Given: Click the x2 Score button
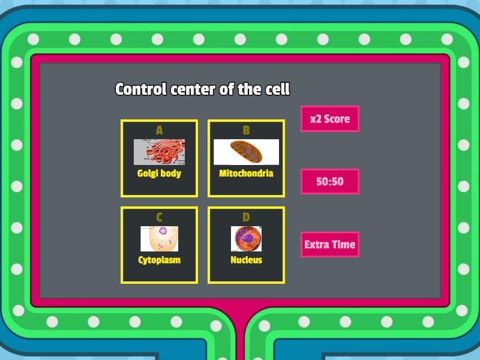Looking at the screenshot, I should point(329,119).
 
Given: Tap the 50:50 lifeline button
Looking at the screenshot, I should point(329,181).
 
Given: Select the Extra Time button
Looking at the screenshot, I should point(329,244).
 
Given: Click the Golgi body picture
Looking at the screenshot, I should point(159,152).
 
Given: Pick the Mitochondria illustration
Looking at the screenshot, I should point(246,152).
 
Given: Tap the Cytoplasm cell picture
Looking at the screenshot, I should point(159,239).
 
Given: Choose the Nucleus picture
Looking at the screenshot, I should point(246,239).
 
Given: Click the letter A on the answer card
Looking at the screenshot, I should point(159,130).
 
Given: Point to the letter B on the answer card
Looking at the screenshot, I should point(246,130).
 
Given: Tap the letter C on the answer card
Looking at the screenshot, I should point(159,217).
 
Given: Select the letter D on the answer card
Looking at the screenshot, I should point(246,217).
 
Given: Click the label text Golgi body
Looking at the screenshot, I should point(159,173).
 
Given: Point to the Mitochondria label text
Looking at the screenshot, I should point(246,173).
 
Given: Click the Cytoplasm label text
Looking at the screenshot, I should point(159,260).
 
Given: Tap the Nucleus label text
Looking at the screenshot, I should point(246,260).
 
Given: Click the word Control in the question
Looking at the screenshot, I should point(141,89).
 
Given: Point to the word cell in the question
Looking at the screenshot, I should point(277,89).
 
